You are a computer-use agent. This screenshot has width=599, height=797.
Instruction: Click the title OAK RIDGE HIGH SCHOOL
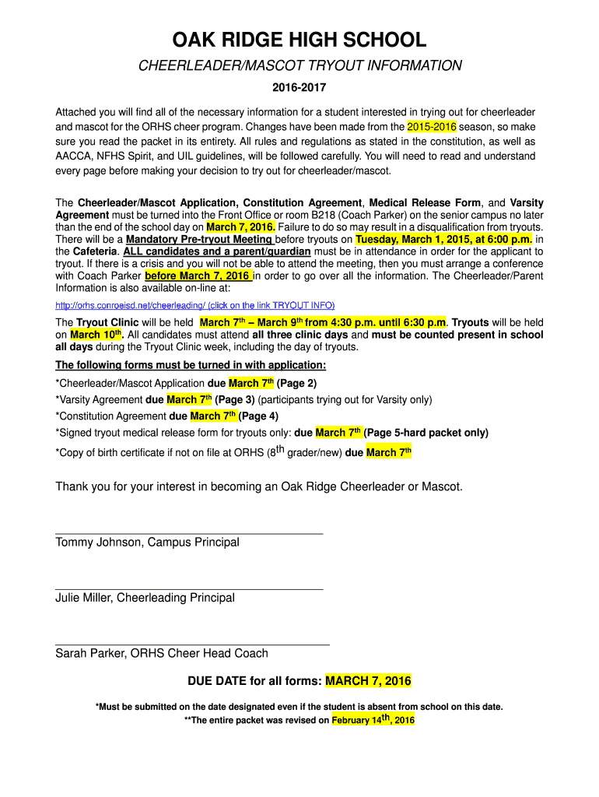pos(299,40)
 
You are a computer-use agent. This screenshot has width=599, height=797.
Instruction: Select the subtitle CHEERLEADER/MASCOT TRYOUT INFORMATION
pos(299,66)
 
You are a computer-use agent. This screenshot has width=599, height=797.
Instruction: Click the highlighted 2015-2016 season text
pos(432,127)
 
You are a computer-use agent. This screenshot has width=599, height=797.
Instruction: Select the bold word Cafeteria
pos(95,252)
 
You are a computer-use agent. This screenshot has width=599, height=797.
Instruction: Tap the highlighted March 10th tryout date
pos(88,335)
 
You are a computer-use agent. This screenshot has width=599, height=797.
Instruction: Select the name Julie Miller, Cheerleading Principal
pos(145,598)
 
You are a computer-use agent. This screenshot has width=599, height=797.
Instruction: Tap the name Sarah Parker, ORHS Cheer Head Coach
pos(161,654)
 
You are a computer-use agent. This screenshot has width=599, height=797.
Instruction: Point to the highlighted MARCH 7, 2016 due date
pos(368,682)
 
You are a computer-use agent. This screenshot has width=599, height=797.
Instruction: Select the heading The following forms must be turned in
pos(191,366)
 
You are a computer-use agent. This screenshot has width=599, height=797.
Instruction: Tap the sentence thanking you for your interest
pos(258,487)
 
